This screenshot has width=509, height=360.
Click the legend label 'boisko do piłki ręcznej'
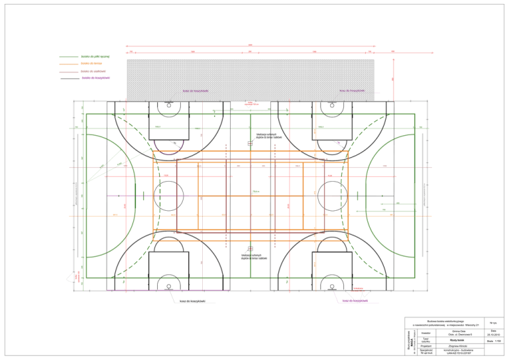point(95,57)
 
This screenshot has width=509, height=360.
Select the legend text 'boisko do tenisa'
point(91,64)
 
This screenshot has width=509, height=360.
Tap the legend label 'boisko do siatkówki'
point(93,71)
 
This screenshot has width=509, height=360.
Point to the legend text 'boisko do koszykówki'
point(96,78)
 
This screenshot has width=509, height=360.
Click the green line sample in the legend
point(68,57)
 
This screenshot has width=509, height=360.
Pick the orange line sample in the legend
point(68,64)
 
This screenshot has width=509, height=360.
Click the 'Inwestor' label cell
point(426,333)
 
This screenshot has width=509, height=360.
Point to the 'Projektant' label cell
point(426,345)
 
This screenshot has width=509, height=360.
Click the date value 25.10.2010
point(494,333)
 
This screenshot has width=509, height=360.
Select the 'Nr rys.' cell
point(494,322)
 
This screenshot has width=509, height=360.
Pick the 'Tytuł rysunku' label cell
point(426,339)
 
